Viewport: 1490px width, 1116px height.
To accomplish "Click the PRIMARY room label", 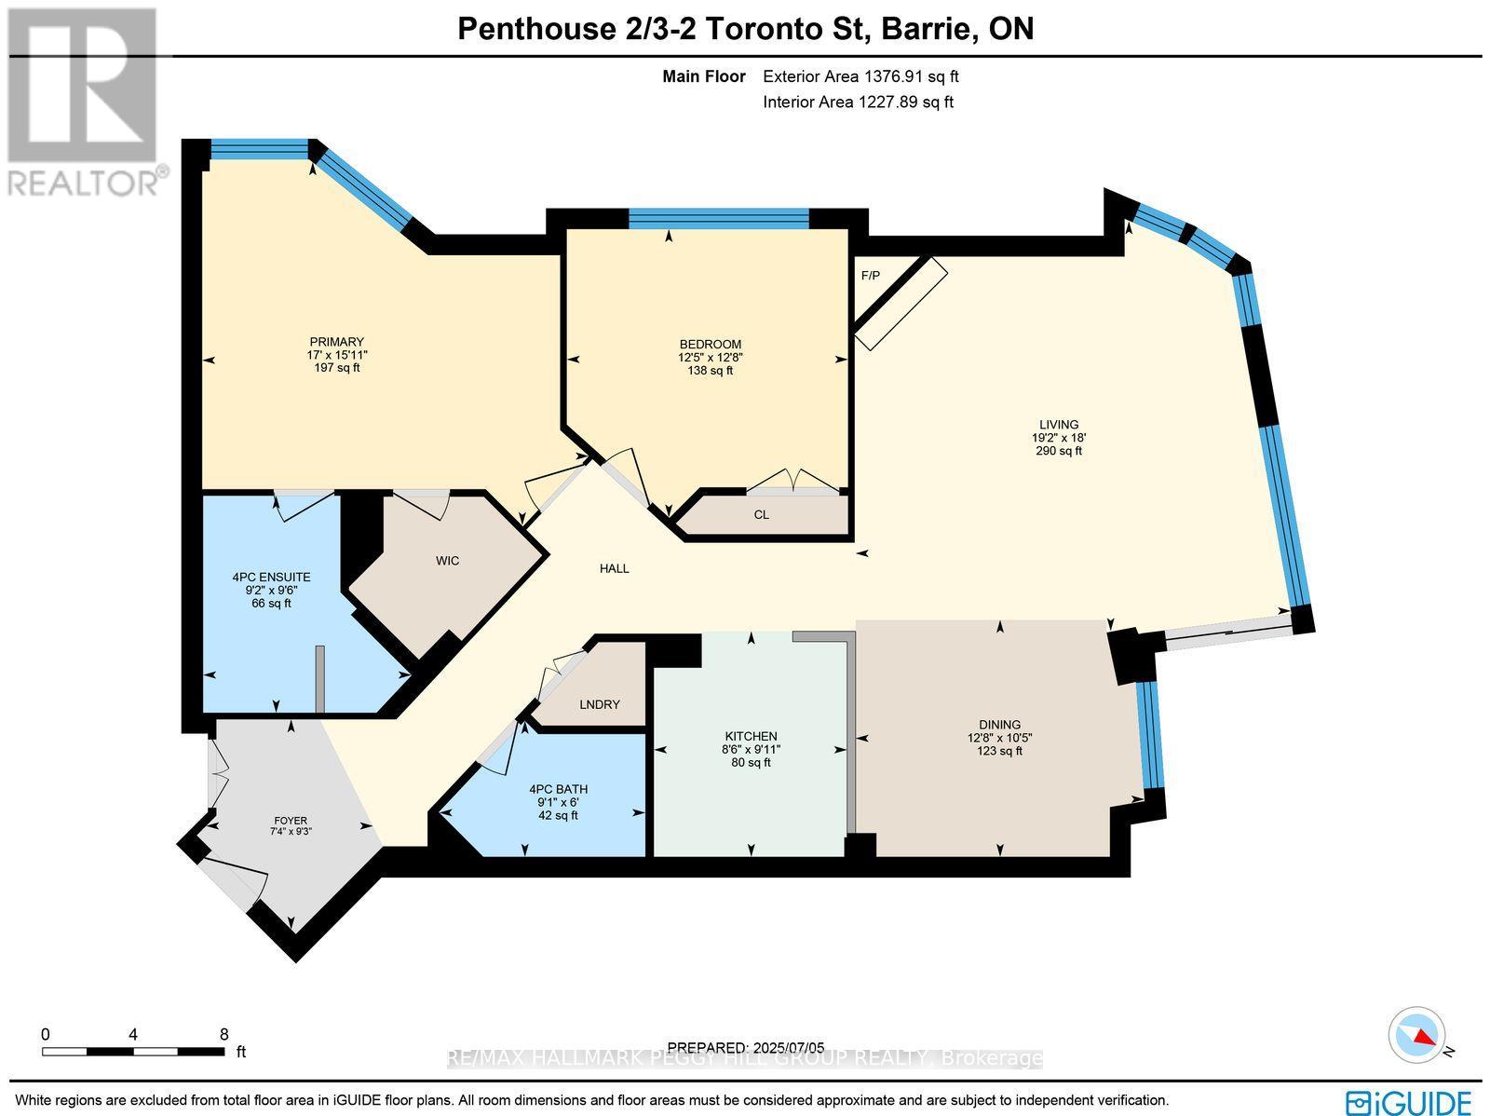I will (x=336, y=342).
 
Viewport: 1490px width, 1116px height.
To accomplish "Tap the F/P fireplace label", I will (x=870, y=276).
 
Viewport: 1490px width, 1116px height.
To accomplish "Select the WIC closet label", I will (x=447, y=561).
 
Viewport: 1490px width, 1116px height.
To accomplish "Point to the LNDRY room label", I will (x=599, y=704).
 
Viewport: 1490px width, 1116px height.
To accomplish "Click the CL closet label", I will (x=761, y=515).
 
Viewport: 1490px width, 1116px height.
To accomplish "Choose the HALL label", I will (x=615, y=568).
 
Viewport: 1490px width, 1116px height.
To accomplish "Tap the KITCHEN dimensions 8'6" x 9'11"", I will (x=752, y=749).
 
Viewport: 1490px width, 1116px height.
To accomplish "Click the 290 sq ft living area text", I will (x=1059, y=451).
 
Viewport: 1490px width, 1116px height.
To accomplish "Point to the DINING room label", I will (x=999, y=724).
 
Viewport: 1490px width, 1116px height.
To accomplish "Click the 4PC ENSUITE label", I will (x=271, y=577).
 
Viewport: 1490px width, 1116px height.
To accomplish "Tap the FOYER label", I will (x=290, y=821).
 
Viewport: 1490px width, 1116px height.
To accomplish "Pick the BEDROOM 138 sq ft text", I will (x=710, y=370).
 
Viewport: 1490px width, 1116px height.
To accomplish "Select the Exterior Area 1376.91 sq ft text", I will (x=860, y=77).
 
